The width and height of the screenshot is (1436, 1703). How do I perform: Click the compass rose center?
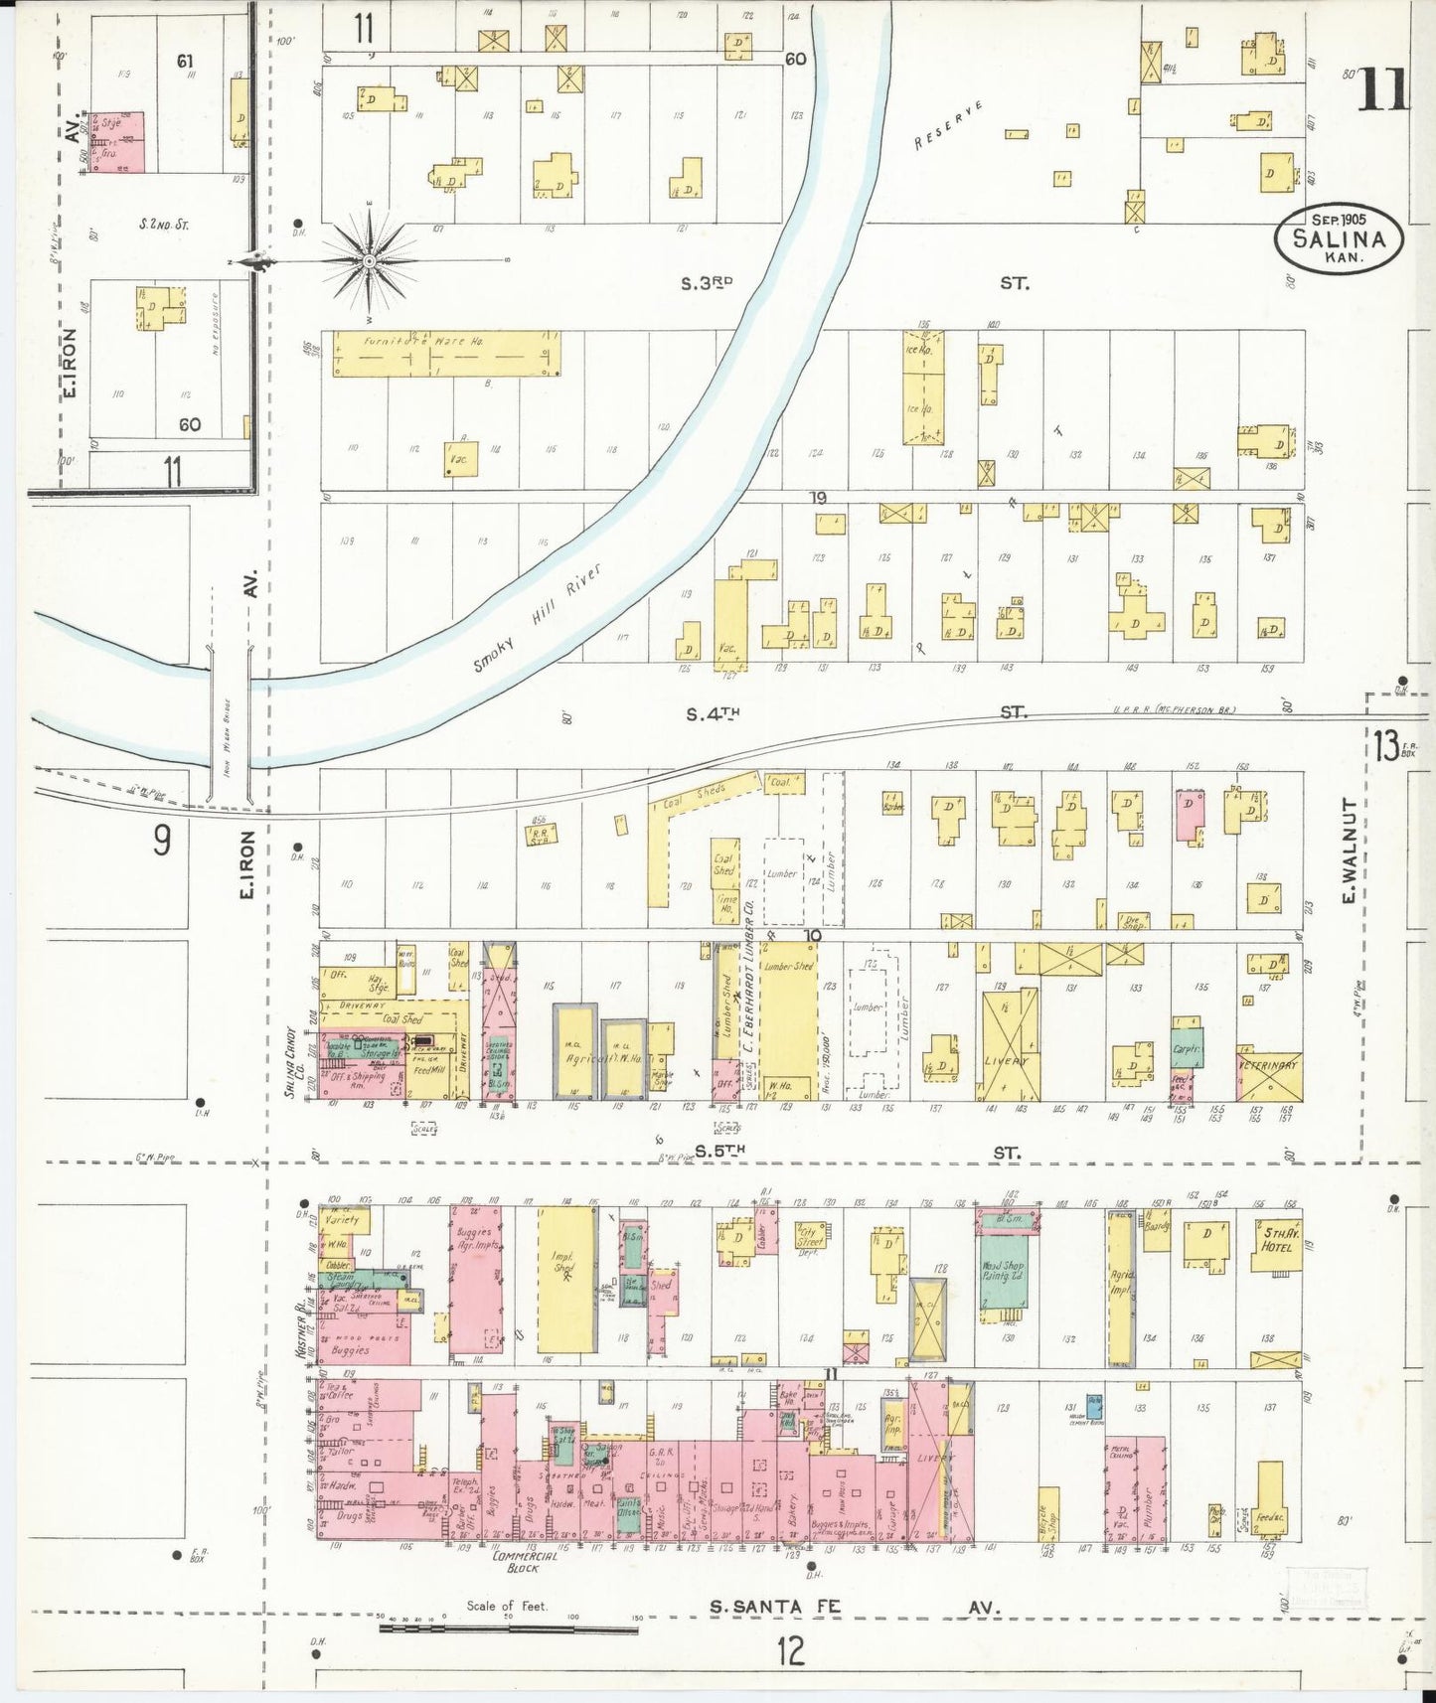pos(369,261)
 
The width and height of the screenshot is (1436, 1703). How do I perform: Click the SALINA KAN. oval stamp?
pos(1339,238)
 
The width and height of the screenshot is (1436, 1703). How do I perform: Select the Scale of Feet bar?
pos(508,1629)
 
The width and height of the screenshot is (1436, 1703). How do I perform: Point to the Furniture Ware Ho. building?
pos(445,355)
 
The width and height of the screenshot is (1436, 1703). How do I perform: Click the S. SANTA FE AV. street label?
pos(855,1607)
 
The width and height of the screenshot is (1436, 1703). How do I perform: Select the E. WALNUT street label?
pos(1349,851)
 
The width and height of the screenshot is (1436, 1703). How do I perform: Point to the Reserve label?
pos(949,125)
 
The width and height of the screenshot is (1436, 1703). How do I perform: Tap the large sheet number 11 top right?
pos(1380,91)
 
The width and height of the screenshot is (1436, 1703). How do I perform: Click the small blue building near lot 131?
pos(1094,1406)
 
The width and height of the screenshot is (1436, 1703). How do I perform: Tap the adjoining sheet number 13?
pos(1386,744)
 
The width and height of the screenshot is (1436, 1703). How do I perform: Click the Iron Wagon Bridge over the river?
pos(230,723)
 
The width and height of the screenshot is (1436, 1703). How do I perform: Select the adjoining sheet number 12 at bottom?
pos(790,1651)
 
